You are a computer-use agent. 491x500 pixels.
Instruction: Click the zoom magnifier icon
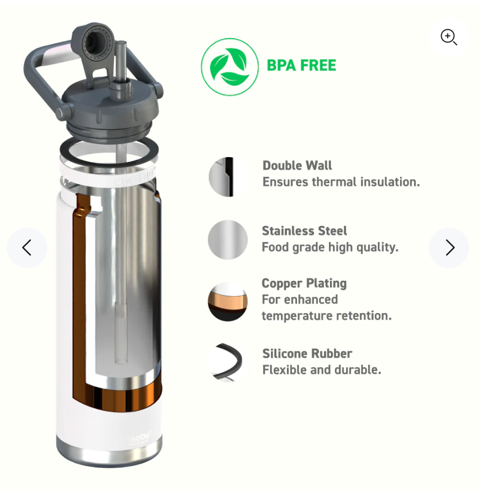tap(448, 37)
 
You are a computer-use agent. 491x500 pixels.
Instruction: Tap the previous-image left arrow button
tap(27, 247)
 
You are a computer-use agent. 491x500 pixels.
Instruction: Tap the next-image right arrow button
tap(449, 247)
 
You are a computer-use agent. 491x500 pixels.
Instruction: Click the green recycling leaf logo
tap(230, 67)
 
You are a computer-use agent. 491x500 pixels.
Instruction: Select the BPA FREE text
tap(301, 65)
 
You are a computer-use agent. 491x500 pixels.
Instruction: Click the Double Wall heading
tap(297, 166)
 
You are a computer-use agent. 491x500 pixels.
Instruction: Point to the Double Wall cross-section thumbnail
tap(227, 177)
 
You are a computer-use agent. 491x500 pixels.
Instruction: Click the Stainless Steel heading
tap(304, 230)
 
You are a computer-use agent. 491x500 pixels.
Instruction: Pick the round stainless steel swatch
tap(227, 239)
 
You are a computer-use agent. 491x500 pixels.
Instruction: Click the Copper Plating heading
tap(304, 283)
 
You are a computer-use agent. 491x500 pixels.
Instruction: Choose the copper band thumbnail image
tap(227, 301)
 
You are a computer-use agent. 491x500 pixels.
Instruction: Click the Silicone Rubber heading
tap(307, 354)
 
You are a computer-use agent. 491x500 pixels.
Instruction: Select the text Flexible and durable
tap(321, 369)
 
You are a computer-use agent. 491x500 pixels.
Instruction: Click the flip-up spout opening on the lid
tap(93, 41)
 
